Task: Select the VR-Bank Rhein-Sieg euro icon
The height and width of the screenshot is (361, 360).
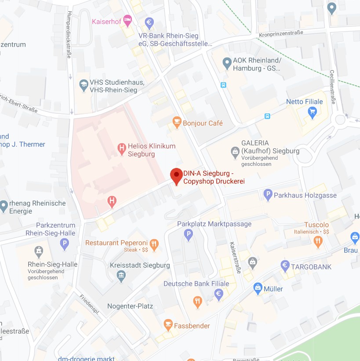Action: coord(149,22)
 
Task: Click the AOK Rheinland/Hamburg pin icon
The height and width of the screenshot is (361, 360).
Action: coord(227,63)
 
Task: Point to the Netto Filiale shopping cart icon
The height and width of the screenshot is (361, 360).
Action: coord(313,112)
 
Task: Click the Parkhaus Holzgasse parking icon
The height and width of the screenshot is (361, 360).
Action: coord(268,194)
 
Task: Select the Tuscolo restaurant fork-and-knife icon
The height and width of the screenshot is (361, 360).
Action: coord(318,241)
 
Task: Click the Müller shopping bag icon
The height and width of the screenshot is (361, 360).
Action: coord(258,288)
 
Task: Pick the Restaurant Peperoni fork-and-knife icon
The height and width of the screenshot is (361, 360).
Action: coord(154,244)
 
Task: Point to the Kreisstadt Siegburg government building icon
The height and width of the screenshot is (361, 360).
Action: coord(121,275)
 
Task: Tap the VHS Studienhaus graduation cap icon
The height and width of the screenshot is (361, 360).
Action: coord(84,85)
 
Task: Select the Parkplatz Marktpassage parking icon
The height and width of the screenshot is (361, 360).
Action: coord(189,234)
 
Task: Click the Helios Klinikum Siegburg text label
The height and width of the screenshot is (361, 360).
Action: coord(151,150)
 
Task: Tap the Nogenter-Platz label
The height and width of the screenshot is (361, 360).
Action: coord(130,306)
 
